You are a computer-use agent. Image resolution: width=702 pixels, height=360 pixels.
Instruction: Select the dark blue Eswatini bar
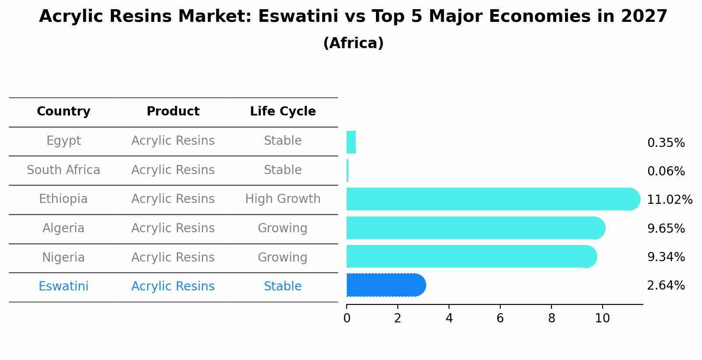(x=385, y=285)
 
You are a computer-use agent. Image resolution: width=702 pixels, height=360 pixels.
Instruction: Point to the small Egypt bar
(x=351, y=142)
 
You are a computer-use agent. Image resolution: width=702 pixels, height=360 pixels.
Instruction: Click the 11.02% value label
(x=669, y=200)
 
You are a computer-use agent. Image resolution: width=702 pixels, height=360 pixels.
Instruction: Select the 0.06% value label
(x=666, y=171)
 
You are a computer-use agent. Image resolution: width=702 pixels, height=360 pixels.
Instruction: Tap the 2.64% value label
(x=666, y=286)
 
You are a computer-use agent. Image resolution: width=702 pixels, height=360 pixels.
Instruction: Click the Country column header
(x=63, y=112)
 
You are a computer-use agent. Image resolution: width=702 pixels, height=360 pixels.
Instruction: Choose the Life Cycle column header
(x=283, y=112)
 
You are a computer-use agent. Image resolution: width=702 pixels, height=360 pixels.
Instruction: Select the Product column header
(x=173, y=112)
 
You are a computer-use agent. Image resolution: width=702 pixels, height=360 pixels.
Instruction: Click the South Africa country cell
(x=63, y=170)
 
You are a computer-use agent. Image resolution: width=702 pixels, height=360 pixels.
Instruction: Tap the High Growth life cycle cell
(x=283, y=199)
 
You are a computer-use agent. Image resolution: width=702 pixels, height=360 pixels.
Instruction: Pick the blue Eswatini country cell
(x=63, y=287)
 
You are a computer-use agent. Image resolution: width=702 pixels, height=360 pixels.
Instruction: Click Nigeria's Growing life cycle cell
(x=283, y=257)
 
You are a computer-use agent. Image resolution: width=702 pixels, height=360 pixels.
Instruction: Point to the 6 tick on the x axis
(x=500, y=318)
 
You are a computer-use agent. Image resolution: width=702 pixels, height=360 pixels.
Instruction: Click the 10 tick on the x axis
(x=602, y=318)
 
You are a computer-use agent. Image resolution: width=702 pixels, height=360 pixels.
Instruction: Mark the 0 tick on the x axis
(x=347, y=318)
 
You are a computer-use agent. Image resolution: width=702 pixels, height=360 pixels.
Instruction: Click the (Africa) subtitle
(x=353, y=43)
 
